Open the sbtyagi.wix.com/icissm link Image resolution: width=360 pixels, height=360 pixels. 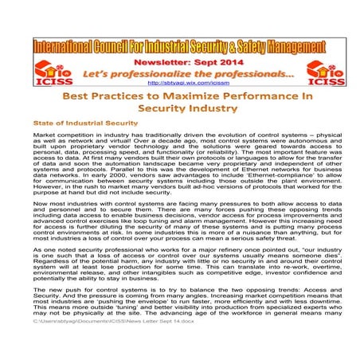pos(179,82)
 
